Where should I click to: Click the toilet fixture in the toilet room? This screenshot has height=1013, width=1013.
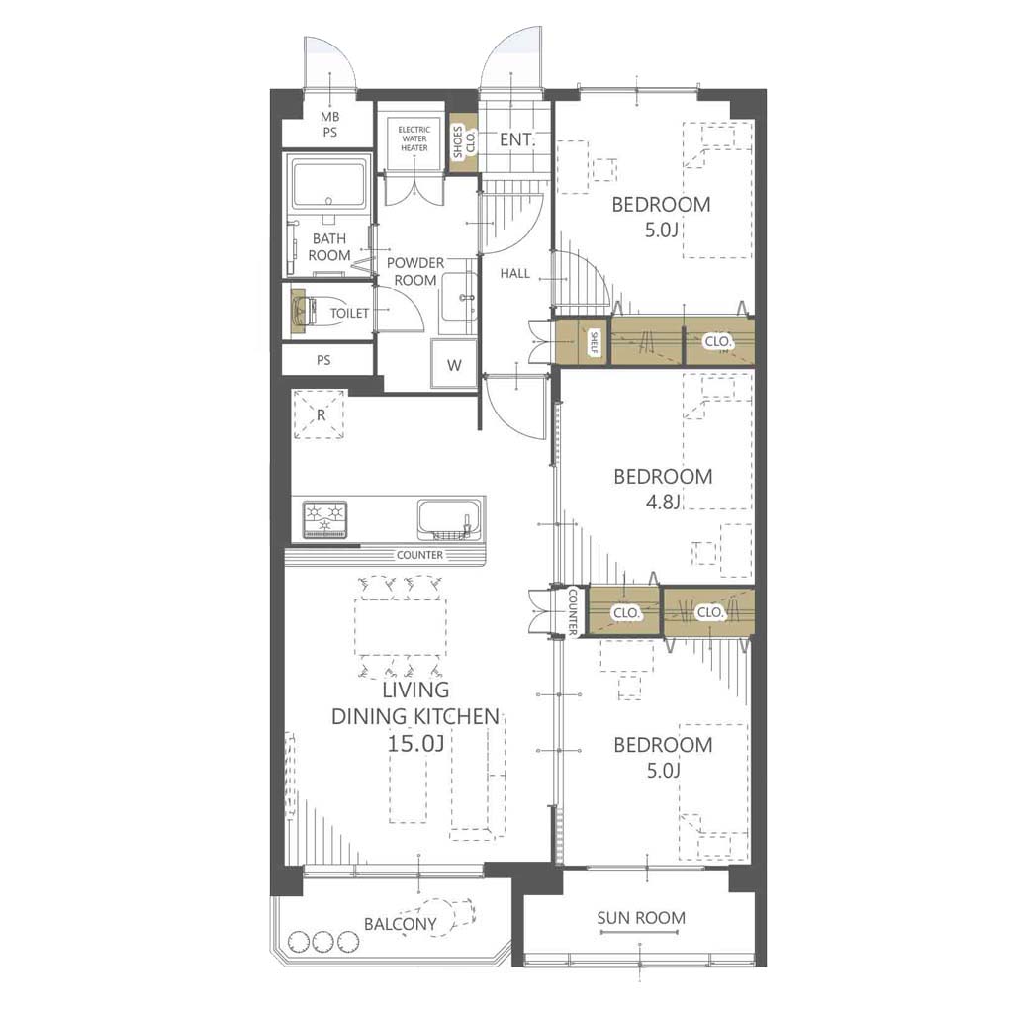pos(307,313)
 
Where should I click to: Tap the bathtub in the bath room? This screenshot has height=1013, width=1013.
pos(328,184)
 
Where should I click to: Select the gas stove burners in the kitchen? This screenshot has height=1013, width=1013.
pos(325,519)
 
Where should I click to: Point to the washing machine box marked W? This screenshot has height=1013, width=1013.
pos(454,364)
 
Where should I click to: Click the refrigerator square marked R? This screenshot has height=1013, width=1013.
pos(319,414)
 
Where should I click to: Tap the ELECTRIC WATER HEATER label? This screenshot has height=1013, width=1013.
pos(414,138)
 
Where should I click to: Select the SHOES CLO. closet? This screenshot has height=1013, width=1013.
pos(463,142)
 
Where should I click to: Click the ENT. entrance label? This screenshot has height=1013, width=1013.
pos(517,138)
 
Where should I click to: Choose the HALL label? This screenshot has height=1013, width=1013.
pos(514,273)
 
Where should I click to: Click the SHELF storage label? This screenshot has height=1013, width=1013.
pos(594,343)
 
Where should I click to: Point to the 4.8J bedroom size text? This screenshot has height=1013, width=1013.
pos(664,502)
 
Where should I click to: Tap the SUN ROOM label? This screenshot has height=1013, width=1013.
pos(641,917)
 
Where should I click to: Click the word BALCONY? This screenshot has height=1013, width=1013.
pos(401,924)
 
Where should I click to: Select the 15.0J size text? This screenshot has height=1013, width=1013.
pos(415,743)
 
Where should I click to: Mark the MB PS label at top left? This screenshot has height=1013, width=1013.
pos(330,124)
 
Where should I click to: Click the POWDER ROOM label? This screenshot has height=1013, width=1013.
pos(414,271)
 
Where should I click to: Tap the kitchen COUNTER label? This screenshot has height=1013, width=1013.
pos(419,555)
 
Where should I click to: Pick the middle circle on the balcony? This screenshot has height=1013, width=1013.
pos(322,941)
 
